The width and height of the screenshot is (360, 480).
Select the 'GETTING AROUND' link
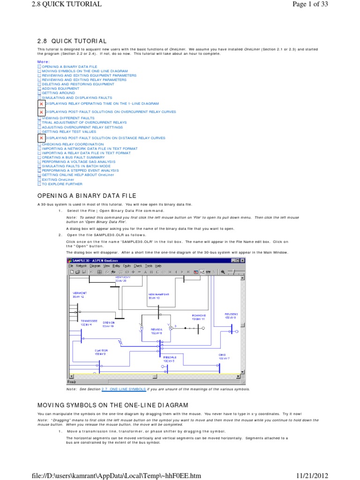point(55,93)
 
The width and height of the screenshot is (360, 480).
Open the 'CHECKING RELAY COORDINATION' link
point(66,144)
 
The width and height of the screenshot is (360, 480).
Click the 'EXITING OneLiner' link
point(56,180)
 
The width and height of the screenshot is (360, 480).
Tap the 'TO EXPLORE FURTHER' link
point(58,184)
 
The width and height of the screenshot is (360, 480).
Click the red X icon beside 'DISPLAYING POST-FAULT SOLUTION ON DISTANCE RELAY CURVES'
point(41,138)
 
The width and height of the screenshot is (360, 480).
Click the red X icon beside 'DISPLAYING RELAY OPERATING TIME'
point(41,103)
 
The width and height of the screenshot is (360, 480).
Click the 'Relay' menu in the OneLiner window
point(116,266)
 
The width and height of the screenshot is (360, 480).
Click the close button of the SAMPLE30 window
point(242,260)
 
